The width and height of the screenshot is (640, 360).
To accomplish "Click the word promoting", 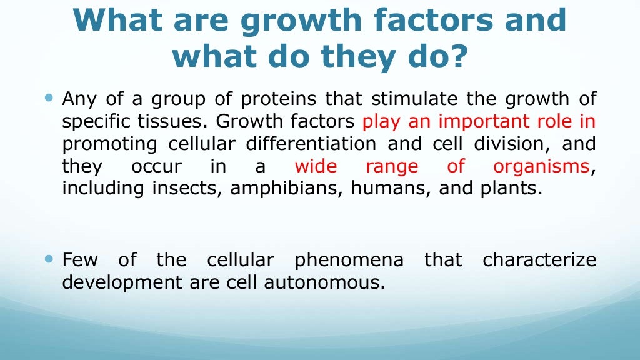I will pos(111,144).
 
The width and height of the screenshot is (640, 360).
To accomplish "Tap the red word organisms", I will pos(541,167).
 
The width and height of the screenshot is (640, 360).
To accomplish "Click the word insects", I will pos(188,189).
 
